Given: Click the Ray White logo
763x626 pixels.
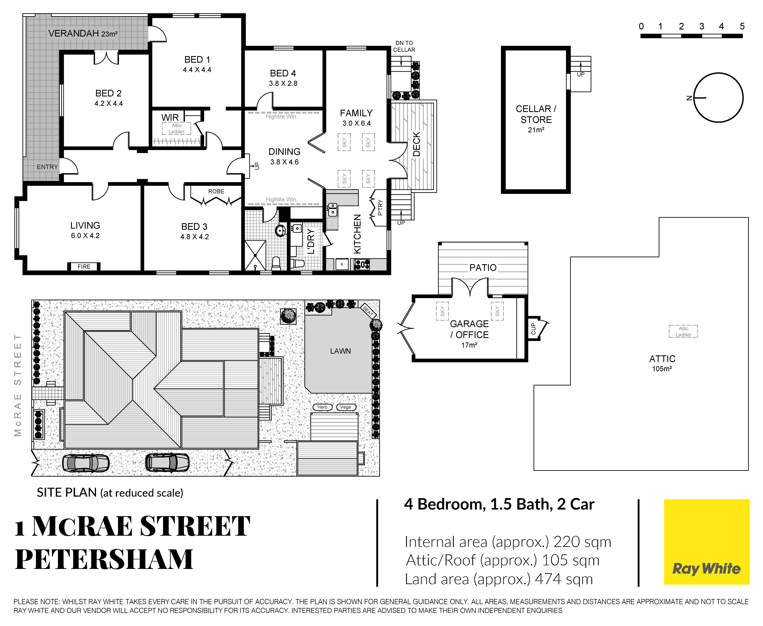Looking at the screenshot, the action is coord(706,542).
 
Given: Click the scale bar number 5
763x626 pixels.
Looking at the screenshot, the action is coord(742,26).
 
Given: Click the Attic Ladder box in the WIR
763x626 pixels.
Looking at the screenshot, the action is coord(176,128).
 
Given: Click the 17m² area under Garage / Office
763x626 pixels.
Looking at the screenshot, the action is coord(469,345).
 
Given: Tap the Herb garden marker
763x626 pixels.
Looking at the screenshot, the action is coord(322,407).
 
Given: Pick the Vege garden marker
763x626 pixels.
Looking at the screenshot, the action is coord(346,407).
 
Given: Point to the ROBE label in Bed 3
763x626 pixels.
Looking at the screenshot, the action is coord(216,191).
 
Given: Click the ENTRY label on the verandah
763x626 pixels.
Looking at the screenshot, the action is coord(47,167).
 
